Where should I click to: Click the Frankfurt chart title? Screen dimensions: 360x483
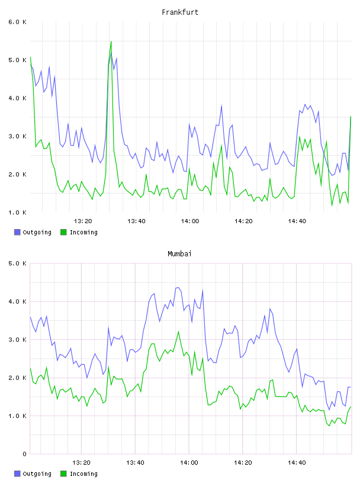pyautogui.click(x=180, y=12)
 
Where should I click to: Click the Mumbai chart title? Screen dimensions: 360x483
pyautogui.click(x=179, y=254)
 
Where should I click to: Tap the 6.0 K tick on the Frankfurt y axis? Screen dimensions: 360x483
pyautogui.click(x=17, y=22)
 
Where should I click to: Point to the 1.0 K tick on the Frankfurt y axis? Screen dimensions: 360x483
pyautogui.click(x=17, y=212)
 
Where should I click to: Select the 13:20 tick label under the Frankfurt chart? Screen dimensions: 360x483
pyautogui.click(x=83, y=221)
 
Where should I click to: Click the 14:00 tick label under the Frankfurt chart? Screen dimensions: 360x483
pyautogui.click(x=190, y=221)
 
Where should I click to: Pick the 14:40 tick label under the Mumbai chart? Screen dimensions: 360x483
pyautogui.click(x=297, y=463)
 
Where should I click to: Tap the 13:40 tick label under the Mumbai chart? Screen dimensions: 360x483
pyautogui.click(x=136, y=463)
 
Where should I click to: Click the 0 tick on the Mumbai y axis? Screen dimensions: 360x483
pyautogui.click(x=25, y=454)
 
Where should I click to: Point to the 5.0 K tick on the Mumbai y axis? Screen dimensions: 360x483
pyautogui.click(x=17, y=263)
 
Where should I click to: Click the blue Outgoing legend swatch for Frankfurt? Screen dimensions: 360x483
pyautogui.click(x=17, y=232)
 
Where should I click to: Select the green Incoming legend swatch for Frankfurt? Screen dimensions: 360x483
pyautogui.click(x=63, y=232)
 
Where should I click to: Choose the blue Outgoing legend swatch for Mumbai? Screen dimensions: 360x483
pyautogui.click(x=17, y=474)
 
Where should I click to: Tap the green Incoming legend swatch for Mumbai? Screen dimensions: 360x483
pyautogui.click(x=63, y=474)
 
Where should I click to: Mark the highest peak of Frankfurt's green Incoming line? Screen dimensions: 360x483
pyautogui.click(x=111, y=41)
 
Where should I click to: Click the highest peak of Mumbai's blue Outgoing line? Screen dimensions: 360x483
pyautogui.click(x=178, y=288)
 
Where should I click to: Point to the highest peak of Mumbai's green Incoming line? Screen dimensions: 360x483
pyautogui.click(x=178, y=331)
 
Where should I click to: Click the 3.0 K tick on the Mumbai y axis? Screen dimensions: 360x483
pyautogui.click(x=17, y=340)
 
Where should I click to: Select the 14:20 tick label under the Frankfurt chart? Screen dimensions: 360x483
pyautogui.click(x=243, y=221)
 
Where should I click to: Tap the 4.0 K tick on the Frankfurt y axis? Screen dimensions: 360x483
pyautogui.click(x=17, y=98)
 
